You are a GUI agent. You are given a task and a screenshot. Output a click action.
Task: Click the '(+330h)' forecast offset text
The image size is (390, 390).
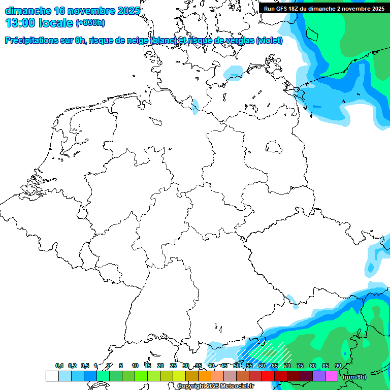[90, 23]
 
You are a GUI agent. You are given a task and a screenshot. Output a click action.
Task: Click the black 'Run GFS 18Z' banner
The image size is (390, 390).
[324, 9]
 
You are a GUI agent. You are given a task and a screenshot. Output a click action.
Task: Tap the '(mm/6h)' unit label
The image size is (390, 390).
[354, 377]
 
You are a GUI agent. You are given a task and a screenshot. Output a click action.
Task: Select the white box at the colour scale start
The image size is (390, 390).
[52, 376]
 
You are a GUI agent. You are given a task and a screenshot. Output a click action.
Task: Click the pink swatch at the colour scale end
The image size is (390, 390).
[331, 376]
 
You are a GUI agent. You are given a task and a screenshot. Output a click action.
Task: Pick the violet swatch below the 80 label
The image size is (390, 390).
[318, 376]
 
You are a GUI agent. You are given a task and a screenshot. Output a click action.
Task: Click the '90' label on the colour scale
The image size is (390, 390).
[338, 366]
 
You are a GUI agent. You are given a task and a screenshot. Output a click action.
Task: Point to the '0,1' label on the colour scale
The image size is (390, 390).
[59, 366]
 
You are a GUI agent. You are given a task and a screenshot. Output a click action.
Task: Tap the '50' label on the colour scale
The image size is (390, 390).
[237, 366]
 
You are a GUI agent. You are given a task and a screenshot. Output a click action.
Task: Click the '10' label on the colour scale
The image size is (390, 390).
[135, 366]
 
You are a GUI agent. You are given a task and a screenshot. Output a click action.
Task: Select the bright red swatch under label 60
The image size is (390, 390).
[268, 376]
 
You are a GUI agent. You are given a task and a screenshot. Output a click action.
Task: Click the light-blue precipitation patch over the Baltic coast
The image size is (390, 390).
[234, 73]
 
